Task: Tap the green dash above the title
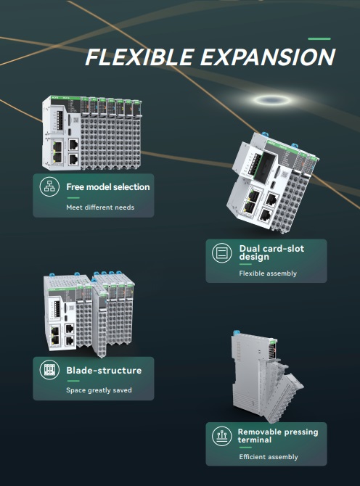[319, 38]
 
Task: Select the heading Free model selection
[107, 187]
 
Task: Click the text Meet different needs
[100, 207]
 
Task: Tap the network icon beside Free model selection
[49, 187]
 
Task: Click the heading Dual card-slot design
[271, 252]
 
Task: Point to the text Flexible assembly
[268, 273]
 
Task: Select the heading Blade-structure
[104, 371]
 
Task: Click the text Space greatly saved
[99, 390]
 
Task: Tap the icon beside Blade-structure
[49, 371]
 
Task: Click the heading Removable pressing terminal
[277, 435]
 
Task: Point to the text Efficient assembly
[268, 457]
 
